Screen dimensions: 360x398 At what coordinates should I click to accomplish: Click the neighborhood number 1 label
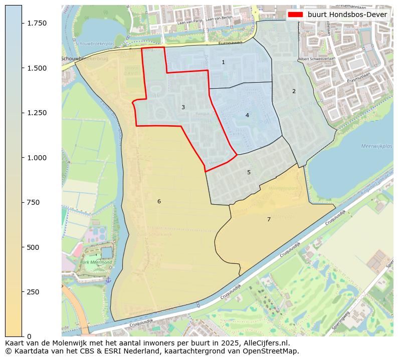(223, 62)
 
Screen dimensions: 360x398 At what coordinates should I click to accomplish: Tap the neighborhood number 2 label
(294, 91)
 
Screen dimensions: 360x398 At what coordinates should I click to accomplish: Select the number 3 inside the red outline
(183, 107)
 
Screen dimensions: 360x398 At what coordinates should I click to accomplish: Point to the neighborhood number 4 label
(247, 115)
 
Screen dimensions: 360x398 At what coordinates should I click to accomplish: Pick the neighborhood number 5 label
(249, 172)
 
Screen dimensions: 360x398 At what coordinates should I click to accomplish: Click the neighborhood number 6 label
(159, 201)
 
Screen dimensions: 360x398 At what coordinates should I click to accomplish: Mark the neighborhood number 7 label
(269, 219)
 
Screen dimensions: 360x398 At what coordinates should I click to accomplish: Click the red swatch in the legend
(295, 15)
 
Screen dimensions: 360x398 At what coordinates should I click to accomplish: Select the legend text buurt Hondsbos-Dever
(347, 15)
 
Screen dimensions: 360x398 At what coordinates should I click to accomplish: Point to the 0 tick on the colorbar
(29, 336)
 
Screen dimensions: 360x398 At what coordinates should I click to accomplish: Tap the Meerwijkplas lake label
(376, 146)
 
